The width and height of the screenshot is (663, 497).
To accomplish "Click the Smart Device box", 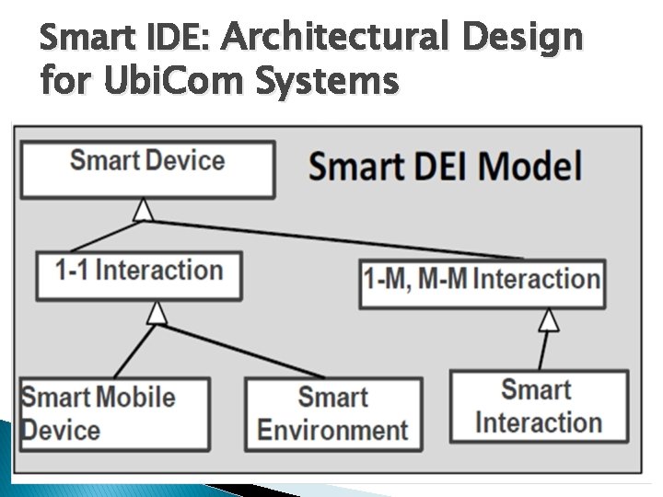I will (x=147, y=168).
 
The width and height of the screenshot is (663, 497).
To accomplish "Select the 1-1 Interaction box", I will (x=138, y=275).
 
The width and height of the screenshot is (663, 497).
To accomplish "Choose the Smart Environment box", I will (x=332, y=414).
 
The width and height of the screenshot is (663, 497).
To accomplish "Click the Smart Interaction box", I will (x=539, y=408).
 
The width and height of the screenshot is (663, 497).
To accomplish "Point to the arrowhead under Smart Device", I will (x=142, y=210).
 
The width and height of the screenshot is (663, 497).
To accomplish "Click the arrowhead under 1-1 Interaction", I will (x=157, y=313).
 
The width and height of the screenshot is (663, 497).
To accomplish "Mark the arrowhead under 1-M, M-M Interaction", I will (x=549, y=319).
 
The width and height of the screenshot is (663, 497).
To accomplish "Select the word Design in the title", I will (x=523, y=39).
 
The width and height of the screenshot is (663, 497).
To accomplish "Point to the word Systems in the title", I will (x=327, y=82).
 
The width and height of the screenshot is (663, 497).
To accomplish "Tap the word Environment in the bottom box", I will (x=332, y=430).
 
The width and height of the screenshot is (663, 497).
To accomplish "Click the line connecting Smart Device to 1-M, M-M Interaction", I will (x=350, y=239).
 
